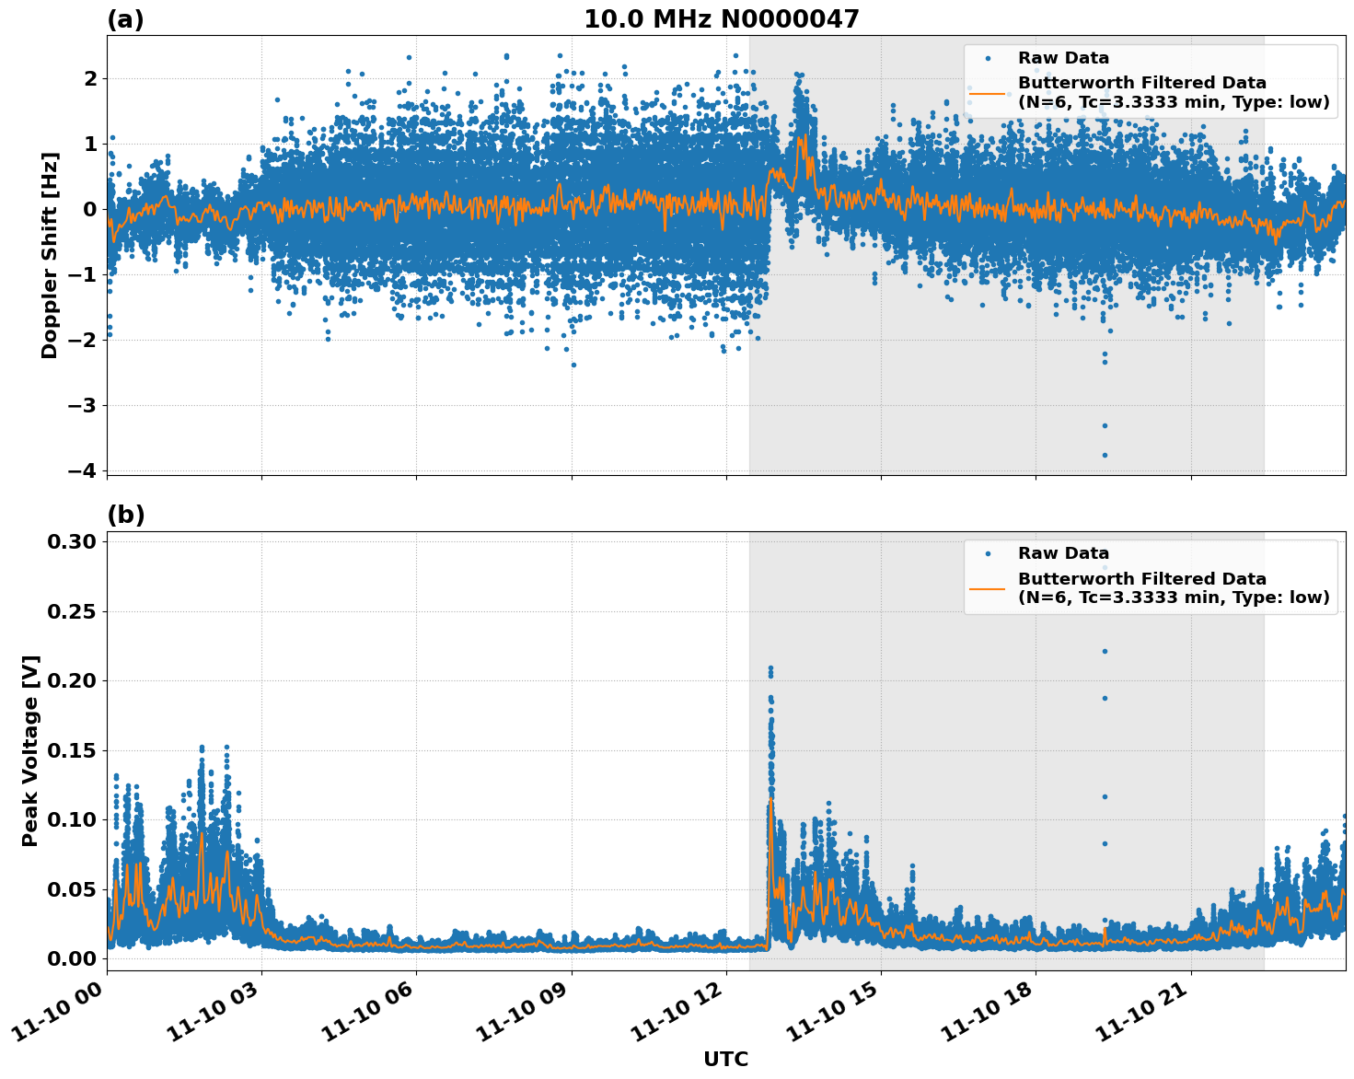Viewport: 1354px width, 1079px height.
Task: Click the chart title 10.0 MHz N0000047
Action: pyautogui.click(x=721, y=19)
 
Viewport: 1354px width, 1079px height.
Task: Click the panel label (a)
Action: pyautogui.click(x=125, y=19)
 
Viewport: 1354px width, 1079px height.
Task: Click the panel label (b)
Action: pyautogui.click(x=125, y=515)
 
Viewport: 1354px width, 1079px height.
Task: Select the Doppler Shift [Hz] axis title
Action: pyautogui.click(x=50, y=255)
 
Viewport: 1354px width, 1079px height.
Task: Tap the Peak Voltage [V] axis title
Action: pyautogui.click(x=30, y=750)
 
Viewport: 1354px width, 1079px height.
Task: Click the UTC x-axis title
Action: pyautogui.click(x=725, y=1059)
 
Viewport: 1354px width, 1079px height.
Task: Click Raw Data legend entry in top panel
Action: pyautogui.click(x=1063, y=58)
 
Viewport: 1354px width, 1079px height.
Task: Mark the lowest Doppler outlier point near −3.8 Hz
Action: pyautogui.click(x=1105, y=455)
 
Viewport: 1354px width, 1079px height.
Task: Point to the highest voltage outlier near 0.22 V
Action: pyautogui.click(x=1105, y=651)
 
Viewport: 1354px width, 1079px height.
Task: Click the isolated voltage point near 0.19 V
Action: pyautogui.click(x=1105, y=698)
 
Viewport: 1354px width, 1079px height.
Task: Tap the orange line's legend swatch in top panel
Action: pyautogui.click(x=988, y=92)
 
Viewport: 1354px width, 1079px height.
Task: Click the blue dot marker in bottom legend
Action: pyautogui.click(x=988, y=553)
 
